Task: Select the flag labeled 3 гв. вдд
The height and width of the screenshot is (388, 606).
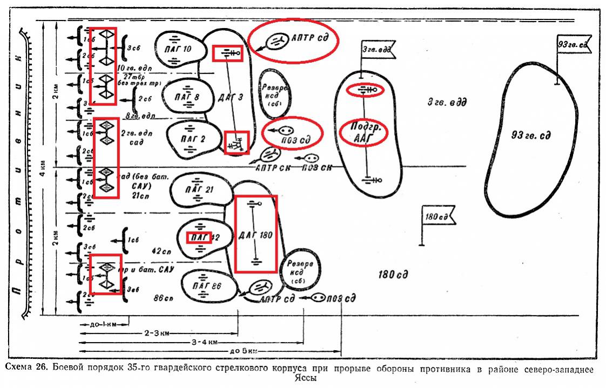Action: pyautogui.click(x=376, y=50)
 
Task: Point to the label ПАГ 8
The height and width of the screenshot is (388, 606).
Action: pyautogui.click(x=187, y=97)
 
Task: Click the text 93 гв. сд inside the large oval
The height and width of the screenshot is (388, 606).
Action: pyautogui.click(x=530, y=135)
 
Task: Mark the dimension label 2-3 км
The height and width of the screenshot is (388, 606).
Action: pyautogui.click(x=156, y=334)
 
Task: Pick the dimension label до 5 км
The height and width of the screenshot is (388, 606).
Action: pyautogui.click(x=243, y=351)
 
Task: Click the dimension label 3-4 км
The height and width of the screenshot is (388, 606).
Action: pyautogui.click(x=205, y=342)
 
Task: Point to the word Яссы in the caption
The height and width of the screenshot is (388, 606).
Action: pyautogui.click(x=305, y=378)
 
